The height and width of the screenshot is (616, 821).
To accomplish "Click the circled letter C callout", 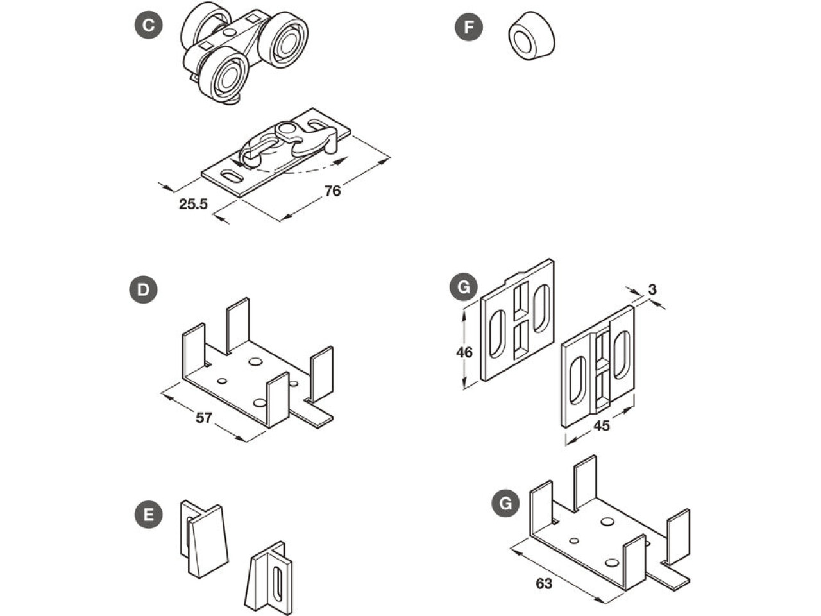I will click(148, 26).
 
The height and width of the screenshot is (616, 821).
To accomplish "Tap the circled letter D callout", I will click(143, 290).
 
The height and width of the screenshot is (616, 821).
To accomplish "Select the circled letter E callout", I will click(148, 515).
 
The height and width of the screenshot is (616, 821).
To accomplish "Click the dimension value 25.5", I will click(193, 204).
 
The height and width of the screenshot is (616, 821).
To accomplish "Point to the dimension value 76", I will click(332, 191).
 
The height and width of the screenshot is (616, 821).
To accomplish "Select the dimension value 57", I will click(203, 418).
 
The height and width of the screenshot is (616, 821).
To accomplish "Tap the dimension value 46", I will click(464, 352).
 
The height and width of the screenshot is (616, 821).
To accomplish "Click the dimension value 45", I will click(601, 426).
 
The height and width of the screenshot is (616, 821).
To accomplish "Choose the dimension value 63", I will click(544, 583).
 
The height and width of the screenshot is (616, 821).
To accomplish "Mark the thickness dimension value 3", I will click(652, 289).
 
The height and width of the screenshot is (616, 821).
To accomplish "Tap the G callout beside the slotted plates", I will click(464, 287).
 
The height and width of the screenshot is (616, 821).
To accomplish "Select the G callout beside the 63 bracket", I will click(506, 504).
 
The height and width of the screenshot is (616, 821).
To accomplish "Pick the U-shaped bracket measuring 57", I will click(257, 372).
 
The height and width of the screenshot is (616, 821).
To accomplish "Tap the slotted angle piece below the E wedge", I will click(271, 577).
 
